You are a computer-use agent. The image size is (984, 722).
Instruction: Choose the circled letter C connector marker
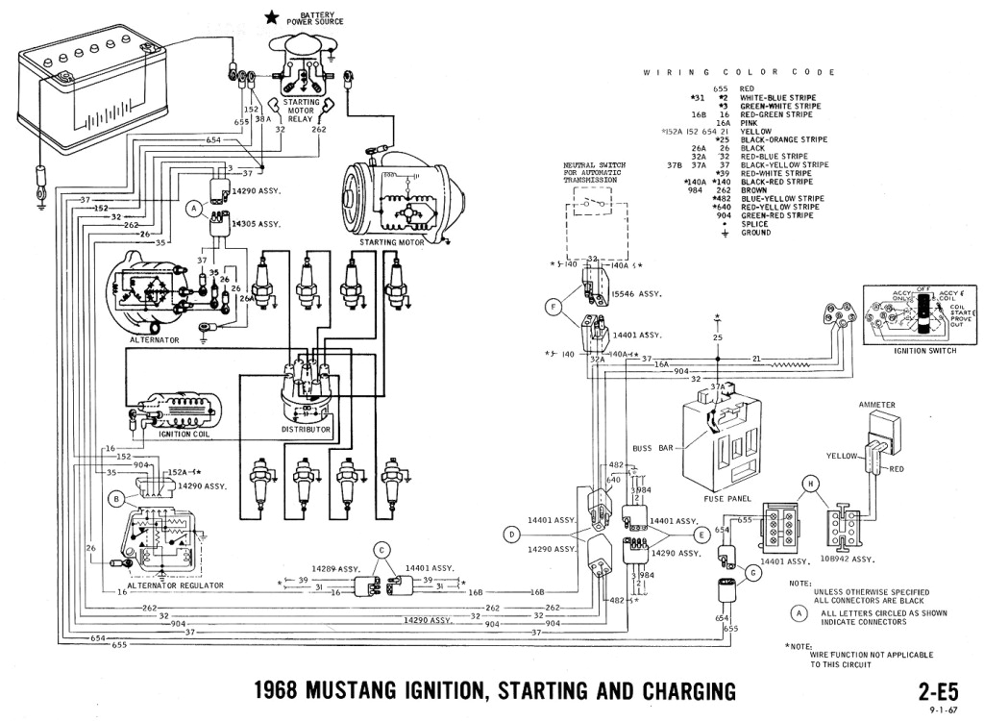tap(382, 550)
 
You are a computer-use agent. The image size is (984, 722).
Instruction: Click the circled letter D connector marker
tap(512, 534)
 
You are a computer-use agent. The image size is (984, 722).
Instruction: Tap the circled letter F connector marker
tap(552, 308)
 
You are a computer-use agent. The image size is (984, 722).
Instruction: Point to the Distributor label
tap(307, 429)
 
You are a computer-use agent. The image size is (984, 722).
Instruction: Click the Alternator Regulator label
tap(175, 585)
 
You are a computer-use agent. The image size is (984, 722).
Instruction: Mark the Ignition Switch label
tap(908, 352)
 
